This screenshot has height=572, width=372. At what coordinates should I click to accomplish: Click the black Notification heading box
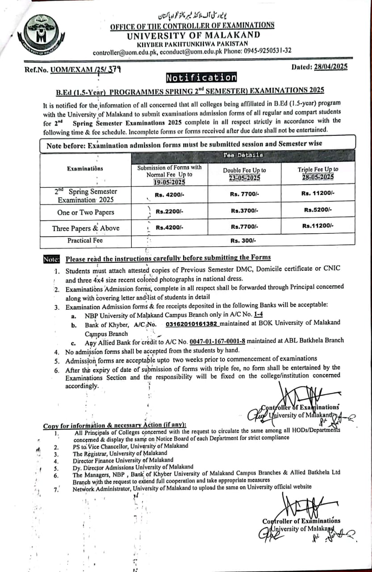[x=201, y=78]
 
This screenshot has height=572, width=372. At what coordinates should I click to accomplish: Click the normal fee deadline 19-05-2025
[x=169, y=182]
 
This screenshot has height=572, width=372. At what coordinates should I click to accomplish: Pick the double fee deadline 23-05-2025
[x=244, y=177]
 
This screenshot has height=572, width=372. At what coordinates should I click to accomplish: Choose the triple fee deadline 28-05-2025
[x=318, y=177]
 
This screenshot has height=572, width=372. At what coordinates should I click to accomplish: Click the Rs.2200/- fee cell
[x=169, y=211]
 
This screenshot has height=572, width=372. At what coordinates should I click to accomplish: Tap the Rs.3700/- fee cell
[x=243, y=210]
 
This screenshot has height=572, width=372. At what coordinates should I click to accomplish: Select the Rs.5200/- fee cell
[x=318, y=210]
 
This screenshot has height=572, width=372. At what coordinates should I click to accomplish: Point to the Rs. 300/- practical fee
[x=243, y=240]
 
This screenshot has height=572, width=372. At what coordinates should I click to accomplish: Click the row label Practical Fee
[x=85, y=240]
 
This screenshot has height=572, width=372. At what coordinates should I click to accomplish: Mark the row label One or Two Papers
[x=85, y=212]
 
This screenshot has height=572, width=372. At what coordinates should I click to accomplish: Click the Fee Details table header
[x=243, y=155]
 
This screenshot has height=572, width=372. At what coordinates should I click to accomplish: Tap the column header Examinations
[x=85, y=168]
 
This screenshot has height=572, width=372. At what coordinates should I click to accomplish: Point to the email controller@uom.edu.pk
[x=120, y=52]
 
